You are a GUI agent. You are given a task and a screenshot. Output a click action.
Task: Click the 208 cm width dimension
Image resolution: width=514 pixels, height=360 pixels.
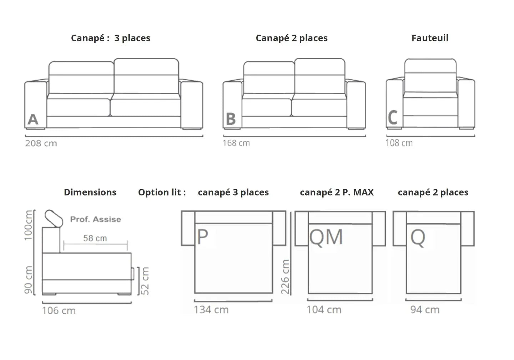pyautogui.click(x=41, y=144)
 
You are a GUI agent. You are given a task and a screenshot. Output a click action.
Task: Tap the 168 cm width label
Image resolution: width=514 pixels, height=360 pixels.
pyautogui.click(x=236, y=143)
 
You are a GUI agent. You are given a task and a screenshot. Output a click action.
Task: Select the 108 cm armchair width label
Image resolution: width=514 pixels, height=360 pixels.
pyautogui.click(x=399, y=143)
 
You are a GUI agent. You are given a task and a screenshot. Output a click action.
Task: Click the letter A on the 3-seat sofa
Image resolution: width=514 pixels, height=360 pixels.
pyautogui.click(x=33, y=119)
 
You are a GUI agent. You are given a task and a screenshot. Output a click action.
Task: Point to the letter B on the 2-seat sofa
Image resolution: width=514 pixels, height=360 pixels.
pyautogui.click(x=231, y=119)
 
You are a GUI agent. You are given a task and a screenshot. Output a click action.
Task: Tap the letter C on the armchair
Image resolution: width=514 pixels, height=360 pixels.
pyautogui.click(x=393, y=117)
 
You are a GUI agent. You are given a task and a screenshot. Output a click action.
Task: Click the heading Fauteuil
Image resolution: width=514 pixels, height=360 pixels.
pyautogui.click(x=430, y=38)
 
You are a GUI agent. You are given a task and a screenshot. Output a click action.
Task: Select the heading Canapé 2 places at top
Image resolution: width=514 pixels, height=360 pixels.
pyautogui.click(x=292, y=38)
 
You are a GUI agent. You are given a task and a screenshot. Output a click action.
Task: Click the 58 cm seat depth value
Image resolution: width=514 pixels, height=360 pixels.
pyautogui.click(x=95, y=238)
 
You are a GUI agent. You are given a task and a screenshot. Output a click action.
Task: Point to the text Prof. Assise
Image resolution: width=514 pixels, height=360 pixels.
pyautogui.click(x=95, y=219)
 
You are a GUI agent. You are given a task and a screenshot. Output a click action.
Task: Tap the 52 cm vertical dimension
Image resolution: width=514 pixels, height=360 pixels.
pyautogui.click(x=145, y=281)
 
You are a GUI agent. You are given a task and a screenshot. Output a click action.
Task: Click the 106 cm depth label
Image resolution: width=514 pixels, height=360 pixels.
pyautogui.click(x=59, y=310)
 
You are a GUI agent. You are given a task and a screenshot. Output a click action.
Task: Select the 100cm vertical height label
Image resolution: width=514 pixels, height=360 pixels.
pyautogui.click(x=29, y=225)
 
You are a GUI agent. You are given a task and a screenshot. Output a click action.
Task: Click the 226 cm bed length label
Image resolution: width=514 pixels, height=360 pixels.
pyautogui.click(x=285, y=276)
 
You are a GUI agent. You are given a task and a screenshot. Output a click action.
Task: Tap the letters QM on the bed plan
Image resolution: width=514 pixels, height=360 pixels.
pyautogui.click(x=326, y=237)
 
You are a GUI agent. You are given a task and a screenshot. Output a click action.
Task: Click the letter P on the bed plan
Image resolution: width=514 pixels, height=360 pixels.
pyautogui.click(x=202, y=237)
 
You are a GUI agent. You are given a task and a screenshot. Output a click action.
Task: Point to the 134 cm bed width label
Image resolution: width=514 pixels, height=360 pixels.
pyautogui.click(x=211, y=310)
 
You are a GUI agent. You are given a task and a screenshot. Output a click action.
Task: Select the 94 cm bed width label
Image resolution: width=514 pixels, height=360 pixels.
pyautogui.click(x=425, y=310)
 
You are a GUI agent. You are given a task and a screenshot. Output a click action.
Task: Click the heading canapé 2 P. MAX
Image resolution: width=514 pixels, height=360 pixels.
pyautogui.click(x=337, y=192)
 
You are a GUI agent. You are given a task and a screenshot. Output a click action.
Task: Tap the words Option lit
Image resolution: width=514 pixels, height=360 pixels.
pyautogui.click(x=162, y=192)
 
